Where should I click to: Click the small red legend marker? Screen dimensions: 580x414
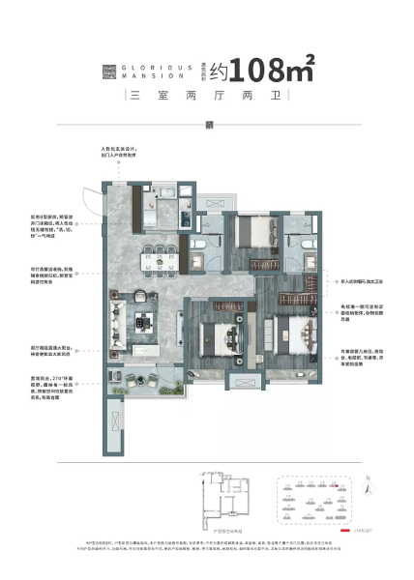point(343,532)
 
